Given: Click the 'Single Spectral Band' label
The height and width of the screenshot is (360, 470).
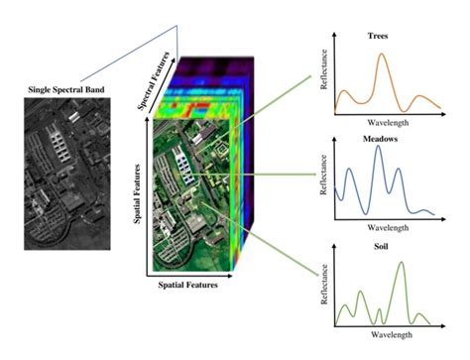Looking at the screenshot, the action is click(65, 91).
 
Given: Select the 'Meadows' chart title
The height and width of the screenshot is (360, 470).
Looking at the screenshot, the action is click(381, 140).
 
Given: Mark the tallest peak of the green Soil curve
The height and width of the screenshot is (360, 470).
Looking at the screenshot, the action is click(402, 263).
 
